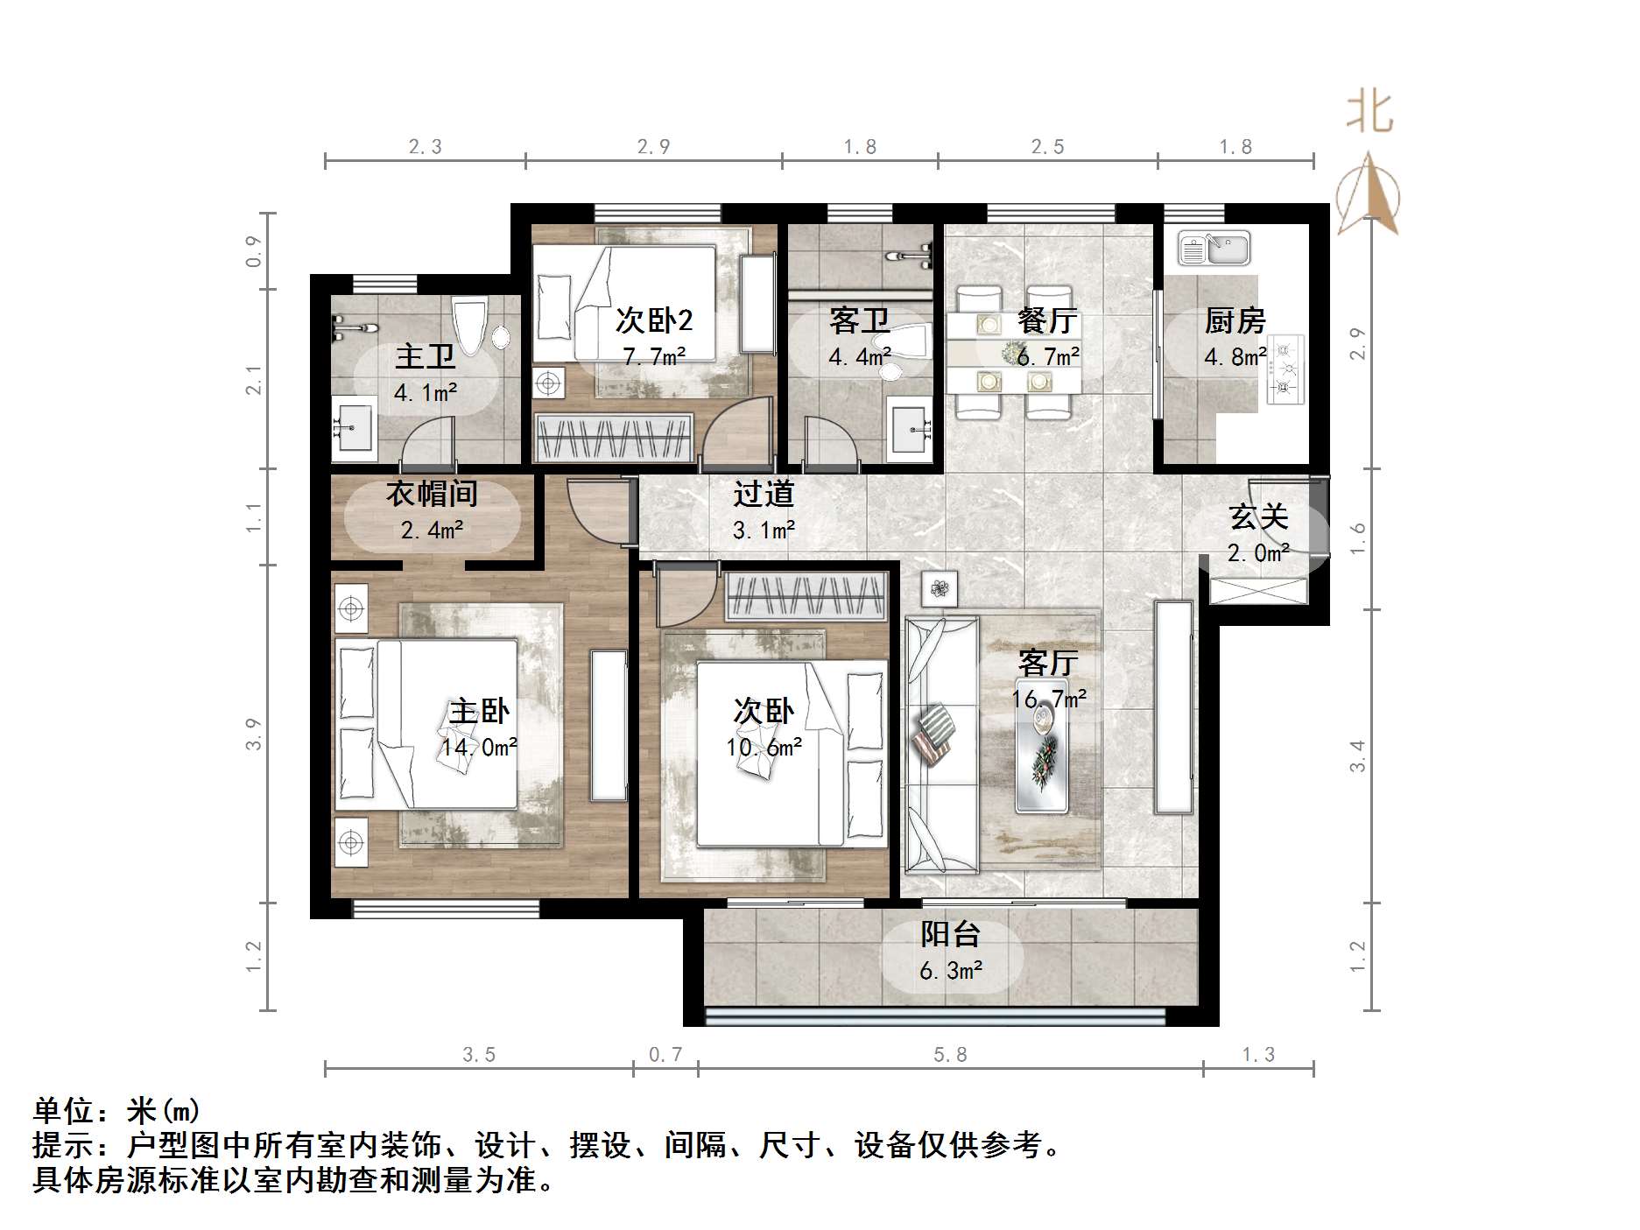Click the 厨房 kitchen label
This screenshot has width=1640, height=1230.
tap(1235, 321)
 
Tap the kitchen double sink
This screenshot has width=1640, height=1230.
tap(1214, 248)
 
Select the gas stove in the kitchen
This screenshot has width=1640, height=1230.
tap(1285, 369)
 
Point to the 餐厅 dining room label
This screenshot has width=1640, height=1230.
tap(1047, 321)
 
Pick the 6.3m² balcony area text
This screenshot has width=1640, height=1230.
tap(951, 971)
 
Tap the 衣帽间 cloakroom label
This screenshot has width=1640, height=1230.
tap(432, 494)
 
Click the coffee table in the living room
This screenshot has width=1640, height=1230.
tap(1042, 744)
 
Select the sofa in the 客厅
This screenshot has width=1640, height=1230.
tap(942, 744)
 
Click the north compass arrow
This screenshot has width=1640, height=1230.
tap(1368, 193)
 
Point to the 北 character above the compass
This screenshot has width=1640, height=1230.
tap(1369, 112)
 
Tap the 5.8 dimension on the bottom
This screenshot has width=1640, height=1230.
tap(950, 1055)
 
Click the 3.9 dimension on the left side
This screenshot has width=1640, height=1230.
tap(254, 734)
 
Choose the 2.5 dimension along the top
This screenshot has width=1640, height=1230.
tap(1047, 147)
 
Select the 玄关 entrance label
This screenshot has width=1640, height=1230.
tap(1258, 517)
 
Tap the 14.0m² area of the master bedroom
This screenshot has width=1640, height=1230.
tap(479, 748)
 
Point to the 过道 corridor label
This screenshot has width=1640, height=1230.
tap(764, 494)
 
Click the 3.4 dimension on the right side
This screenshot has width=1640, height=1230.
tap(1358, 756)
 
